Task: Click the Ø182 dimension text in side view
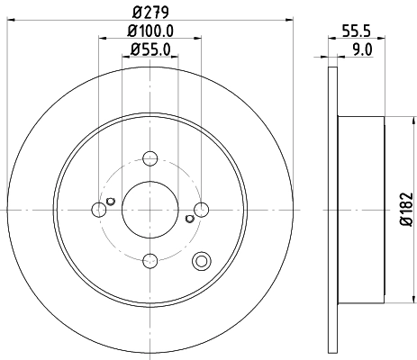coord(403,209)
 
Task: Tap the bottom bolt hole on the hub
coord(150,261)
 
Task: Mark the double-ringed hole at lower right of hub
coord(202,262)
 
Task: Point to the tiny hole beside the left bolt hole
coord(110,200)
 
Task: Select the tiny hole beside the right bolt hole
coord(189,219)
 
